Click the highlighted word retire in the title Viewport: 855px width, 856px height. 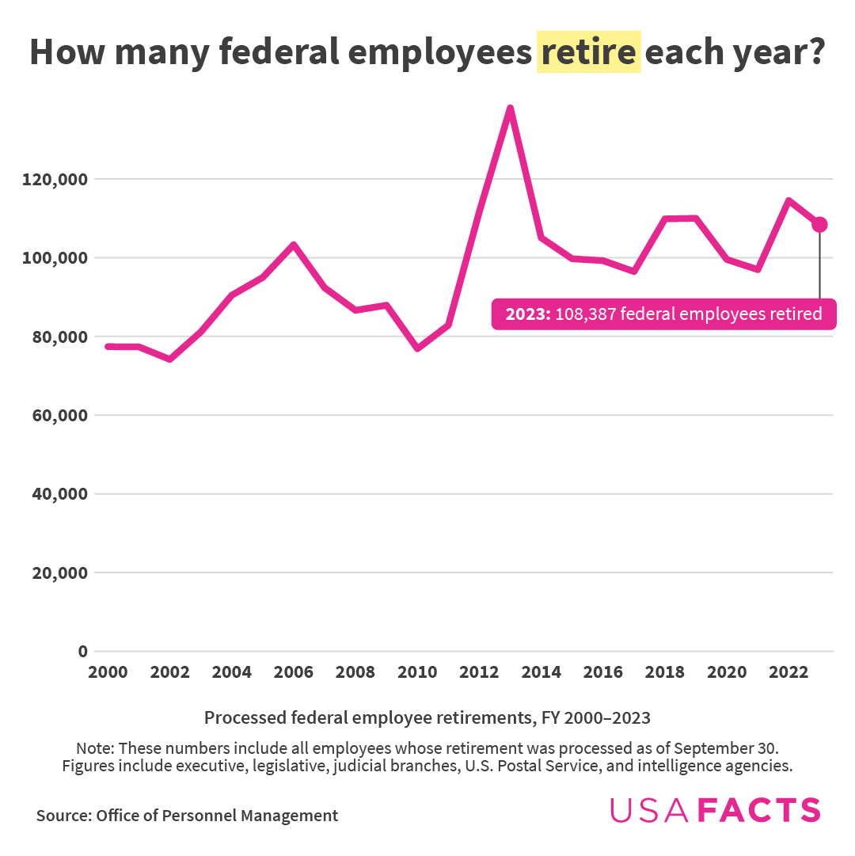pyautogui.click(x=588, y=52)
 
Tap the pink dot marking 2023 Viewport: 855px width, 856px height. pyautogui.click(x=819, y=225)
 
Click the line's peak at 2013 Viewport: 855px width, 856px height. pyautogui.click(x=511, y=108)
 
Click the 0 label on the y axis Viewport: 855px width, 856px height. pyautogui.click(x=82, y=652)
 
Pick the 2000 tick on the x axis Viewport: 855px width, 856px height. pyautogui.click(x=108, y=672)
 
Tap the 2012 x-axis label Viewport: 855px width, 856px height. pyautogui.click(x=479, y=672)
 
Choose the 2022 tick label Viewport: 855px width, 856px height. pyautogui.click(x=788, y=672)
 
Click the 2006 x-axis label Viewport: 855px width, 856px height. pyautogui.click(x=294, y=672)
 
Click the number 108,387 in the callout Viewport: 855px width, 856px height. pyautogui.click(x=584, y=314)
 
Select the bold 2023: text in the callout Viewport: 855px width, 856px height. pyautogui.click(x=528, y=314)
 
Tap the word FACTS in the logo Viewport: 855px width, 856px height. pyautogui.click(x=759, y=810)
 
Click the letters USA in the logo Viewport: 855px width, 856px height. pyautogui.click(x=649, y=810)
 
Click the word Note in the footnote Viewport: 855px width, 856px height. pyautogui.click(x=94, y=748)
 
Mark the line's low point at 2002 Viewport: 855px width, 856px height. pyautogui.click(x=169, y=360)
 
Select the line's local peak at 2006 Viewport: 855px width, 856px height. pyautogui.click(x=294, y=245)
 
